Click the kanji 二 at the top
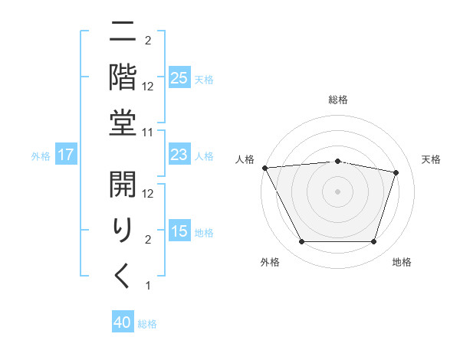point(123,33)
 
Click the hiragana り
point(123,229)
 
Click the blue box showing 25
point(179,78)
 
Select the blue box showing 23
point(179,155)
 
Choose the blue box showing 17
point(65,155)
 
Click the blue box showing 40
point(123,322)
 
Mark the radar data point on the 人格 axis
point(264,168)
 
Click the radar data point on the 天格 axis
point(396,172)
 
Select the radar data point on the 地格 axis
point(374,242)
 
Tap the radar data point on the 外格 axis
point(301,242)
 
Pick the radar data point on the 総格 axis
point(338,161)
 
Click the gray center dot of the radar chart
point(338,191)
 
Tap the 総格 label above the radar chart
point(338,100)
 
